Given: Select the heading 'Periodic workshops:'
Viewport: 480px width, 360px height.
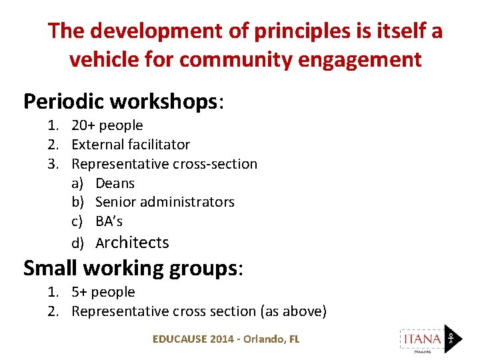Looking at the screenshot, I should [x=124, y=101].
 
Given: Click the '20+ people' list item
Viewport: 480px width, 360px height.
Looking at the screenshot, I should [x=107, y=125].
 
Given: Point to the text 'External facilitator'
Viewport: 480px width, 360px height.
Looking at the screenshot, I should [x=131, y=145].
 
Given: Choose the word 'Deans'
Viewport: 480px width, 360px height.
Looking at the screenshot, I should [x=115, y=183].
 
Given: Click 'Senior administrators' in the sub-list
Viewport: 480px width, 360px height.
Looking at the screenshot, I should [x=165, y=202].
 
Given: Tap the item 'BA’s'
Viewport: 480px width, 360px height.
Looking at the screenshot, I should [x=109, y=221].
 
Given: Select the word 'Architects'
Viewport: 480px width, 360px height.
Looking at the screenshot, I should [x=132, y=243].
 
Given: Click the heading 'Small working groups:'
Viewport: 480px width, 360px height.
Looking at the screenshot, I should [x=133, y=268].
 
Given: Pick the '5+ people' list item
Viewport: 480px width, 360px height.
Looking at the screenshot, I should [x=103, y=292].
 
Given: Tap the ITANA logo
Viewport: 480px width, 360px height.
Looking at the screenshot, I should [x=430, y=339].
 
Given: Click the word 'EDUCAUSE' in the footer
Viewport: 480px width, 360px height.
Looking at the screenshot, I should [x=179, y=339].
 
